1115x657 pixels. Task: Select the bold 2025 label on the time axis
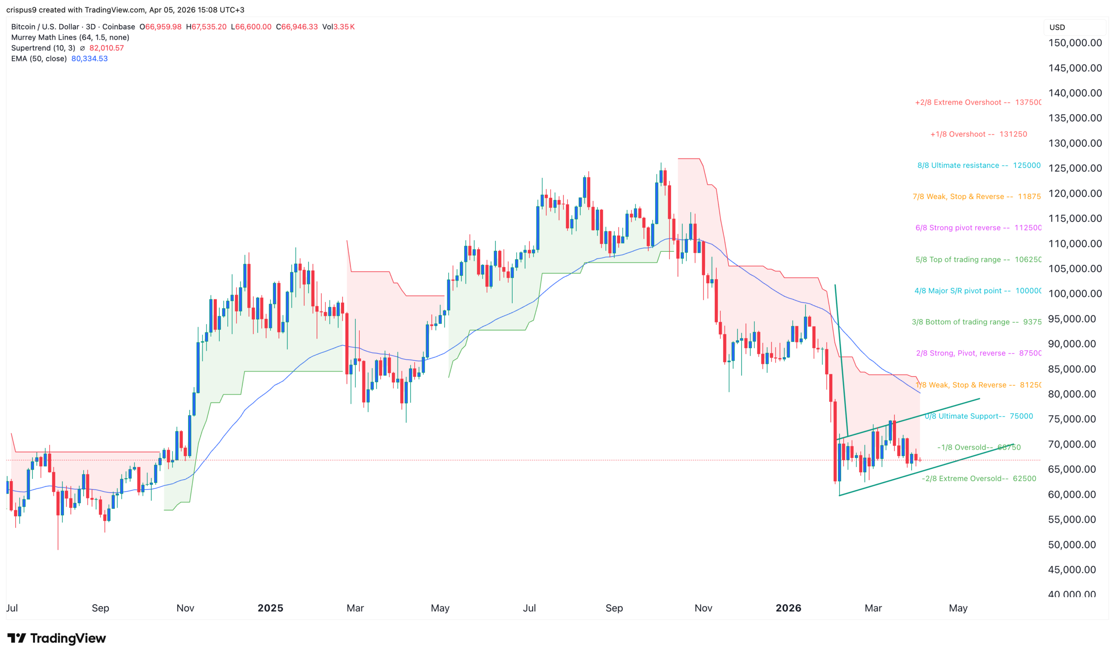(x=270, y=608)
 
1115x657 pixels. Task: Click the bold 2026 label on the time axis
(x=788, y=608)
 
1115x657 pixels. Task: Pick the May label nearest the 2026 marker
(x=957, y=608)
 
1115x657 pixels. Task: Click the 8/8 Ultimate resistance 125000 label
(x=978, y=165)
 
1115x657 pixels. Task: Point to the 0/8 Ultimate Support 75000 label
(x=978, y=416)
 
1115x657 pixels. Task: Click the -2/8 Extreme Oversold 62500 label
(x=978, y=478)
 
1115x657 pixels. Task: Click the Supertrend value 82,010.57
(x=107, y=48)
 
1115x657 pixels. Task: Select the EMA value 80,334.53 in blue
(x=89, y=58)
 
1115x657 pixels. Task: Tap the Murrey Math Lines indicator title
(x=70, y=37)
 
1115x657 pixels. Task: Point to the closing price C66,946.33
(x=297, y=27)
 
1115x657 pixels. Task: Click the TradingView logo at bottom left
(x=57, y=638)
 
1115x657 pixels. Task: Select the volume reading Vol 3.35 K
(x=338, y=27)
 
